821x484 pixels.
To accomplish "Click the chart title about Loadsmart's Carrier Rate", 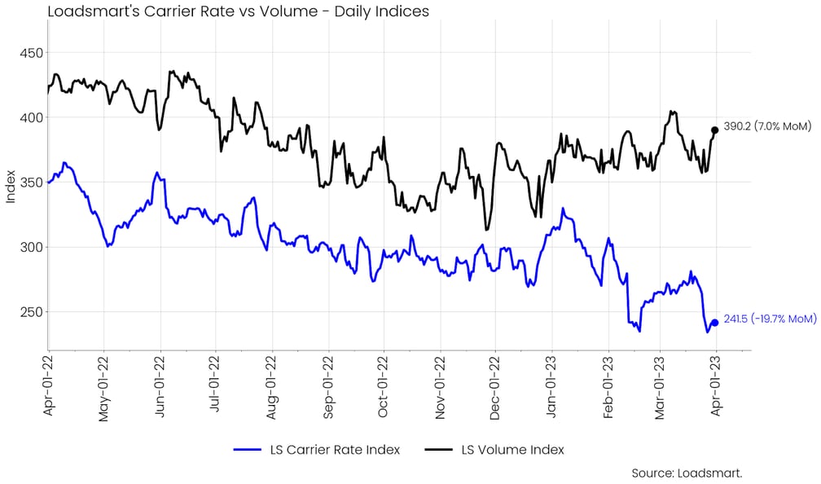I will (238, 11).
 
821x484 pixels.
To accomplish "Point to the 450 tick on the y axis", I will (29, 53).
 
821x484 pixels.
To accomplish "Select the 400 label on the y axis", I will (29, 117).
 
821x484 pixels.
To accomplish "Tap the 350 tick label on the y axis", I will (29, 182).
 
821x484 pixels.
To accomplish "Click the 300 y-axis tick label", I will (29, 247).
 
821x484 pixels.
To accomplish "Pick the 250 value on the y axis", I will (29, 311).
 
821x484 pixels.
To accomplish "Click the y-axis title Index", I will (10, 187).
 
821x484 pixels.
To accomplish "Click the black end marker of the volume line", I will (715, 130).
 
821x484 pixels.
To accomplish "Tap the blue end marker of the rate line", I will (715, 323).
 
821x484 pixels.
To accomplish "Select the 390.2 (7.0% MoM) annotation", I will (767, 126).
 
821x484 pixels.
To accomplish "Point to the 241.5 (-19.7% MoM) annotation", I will (770, 319).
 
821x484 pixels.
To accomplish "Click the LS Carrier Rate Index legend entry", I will (317, 450).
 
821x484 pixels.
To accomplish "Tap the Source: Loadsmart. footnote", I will (687, 473).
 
